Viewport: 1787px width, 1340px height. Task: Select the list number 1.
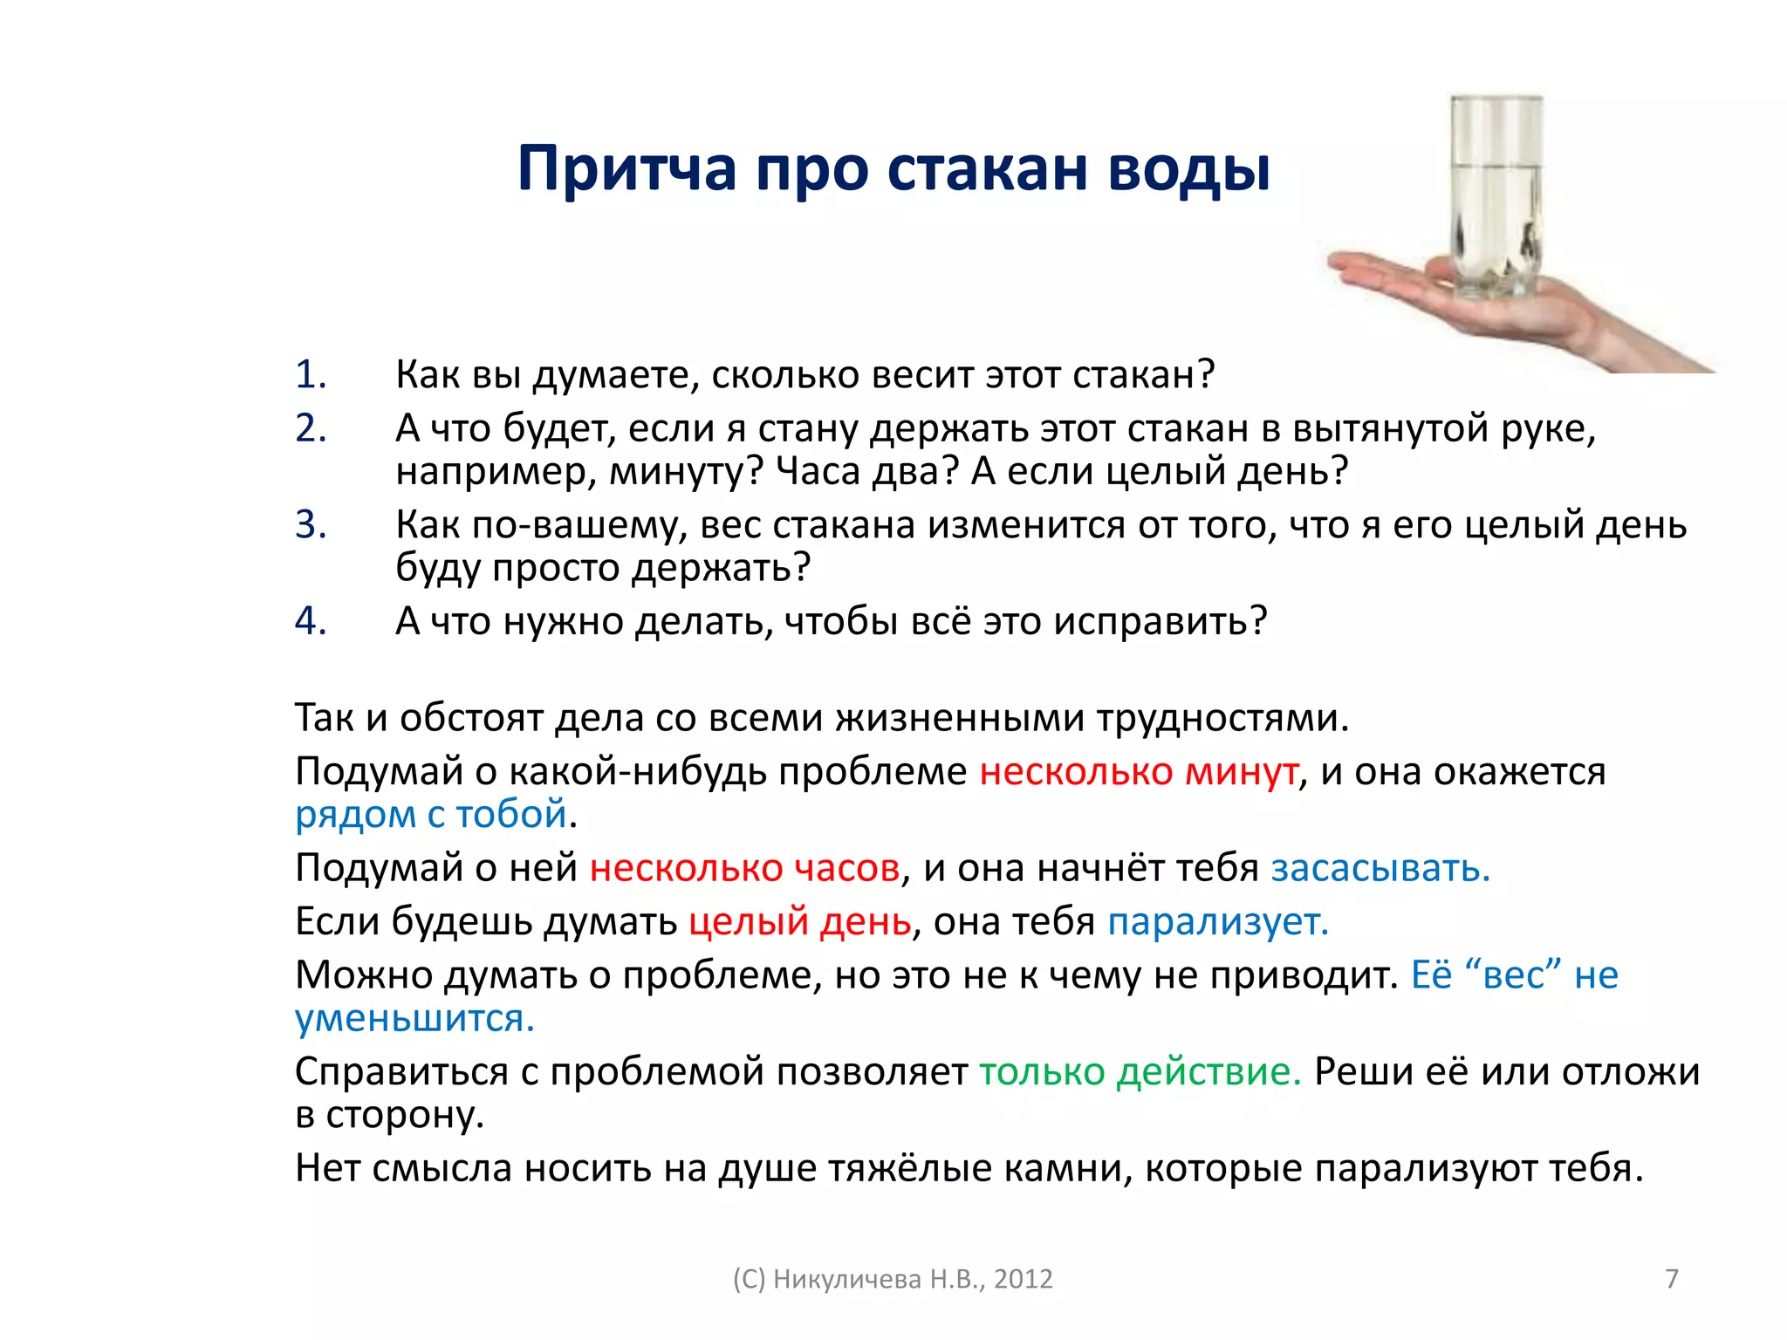pos(310,374)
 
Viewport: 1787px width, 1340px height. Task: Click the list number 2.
pos(310,428)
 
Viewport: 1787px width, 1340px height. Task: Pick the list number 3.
pos(310,525)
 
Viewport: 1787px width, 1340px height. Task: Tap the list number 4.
pos(310,621)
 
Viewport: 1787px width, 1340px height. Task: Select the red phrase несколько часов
pos(744,869)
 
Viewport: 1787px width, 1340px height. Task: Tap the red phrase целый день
pos(799,922)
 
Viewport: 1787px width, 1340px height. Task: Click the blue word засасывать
pos(1380,869)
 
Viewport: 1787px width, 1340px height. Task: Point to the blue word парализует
pos(1218,922)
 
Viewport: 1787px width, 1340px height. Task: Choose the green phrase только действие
pos(1140,1072)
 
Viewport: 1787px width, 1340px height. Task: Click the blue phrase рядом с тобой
pos(431,815)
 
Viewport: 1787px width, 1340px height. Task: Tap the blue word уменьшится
pos(414,1019)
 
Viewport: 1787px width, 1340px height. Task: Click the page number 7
pos(1672,1279)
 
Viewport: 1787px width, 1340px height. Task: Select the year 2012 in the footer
pos(1024,1279)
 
